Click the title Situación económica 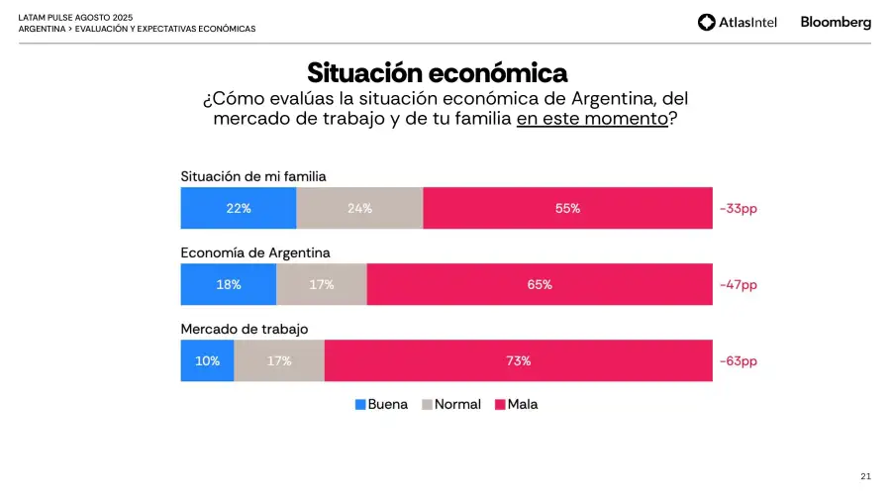coord(437,72)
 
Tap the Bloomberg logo coord(836,22)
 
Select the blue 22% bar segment coord(238,208)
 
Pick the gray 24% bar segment coord(359,208)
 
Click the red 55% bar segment coord(567,208)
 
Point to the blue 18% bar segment coord(228,284)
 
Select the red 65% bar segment coord(540,284)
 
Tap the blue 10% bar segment coord(207,360)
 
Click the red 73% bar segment coord(518,360)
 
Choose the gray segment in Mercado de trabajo coord(279,360)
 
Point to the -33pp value coord(738,209)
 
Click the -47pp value coord(738,285)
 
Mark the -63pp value coord(738,361)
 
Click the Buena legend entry coord(381,404)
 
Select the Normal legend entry coord(451,404)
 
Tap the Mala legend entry coord(517,404)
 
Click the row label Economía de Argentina coord(255,252)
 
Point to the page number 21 coord(865,476)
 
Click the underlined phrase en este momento coord(591,119)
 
